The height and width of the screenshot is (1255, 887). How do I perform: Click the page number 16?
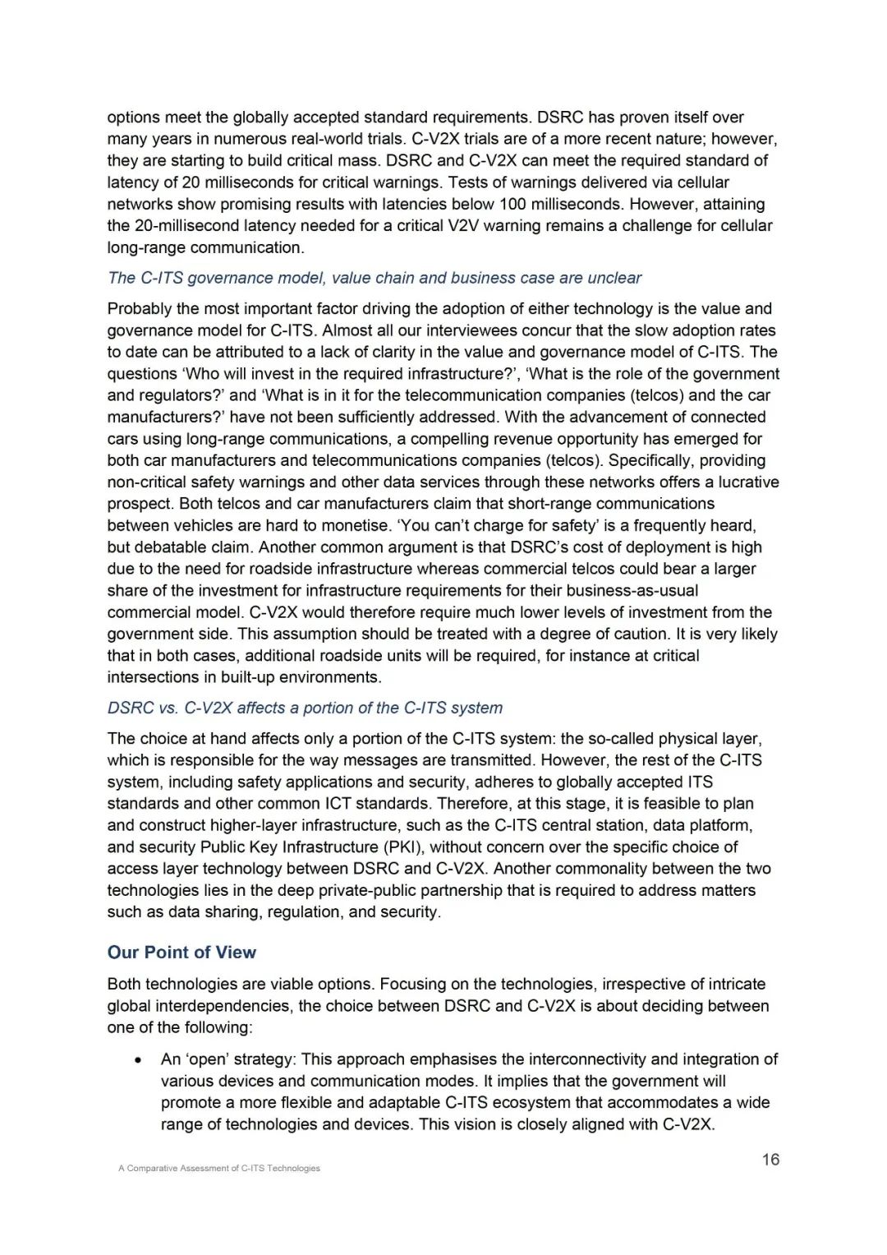[770, 1160]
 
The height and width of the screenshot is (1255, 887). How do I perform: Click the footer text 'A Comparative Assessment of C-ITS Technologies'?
[219, 1168]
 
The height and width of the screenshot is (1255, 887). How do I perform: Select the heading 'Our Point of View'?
[182, 953]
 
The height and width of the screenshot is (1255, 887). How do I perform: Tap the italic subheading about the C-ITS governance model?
[375, 278]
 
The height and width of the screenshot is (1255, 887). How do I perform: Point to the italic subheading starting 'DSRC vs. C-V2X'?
[305, 708]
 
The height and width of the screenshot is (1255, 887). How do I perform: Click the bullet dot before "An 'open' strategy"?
[139, 1060]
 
